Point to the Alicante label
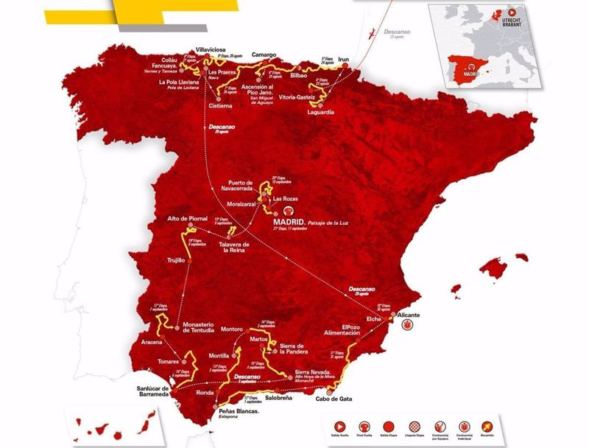click(409, 315)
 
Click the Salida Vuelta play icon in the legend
click(340, 426)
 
